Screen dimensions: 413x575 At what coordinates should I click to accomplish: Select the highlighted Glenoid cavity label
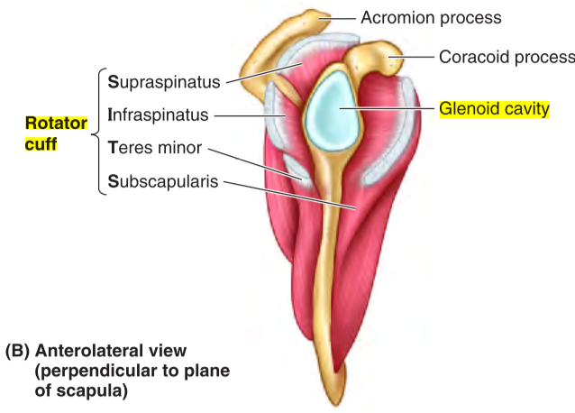[x=494, y=110]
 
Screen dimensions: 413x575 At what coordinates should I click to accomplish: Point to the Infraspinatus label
[x=158, y=115]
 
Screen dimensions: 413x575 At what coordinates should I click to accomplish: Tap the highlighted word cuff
[x=40, y=142]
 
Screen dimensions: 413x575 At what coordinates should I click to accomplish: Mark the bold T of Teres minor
[x=112, y=147]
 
